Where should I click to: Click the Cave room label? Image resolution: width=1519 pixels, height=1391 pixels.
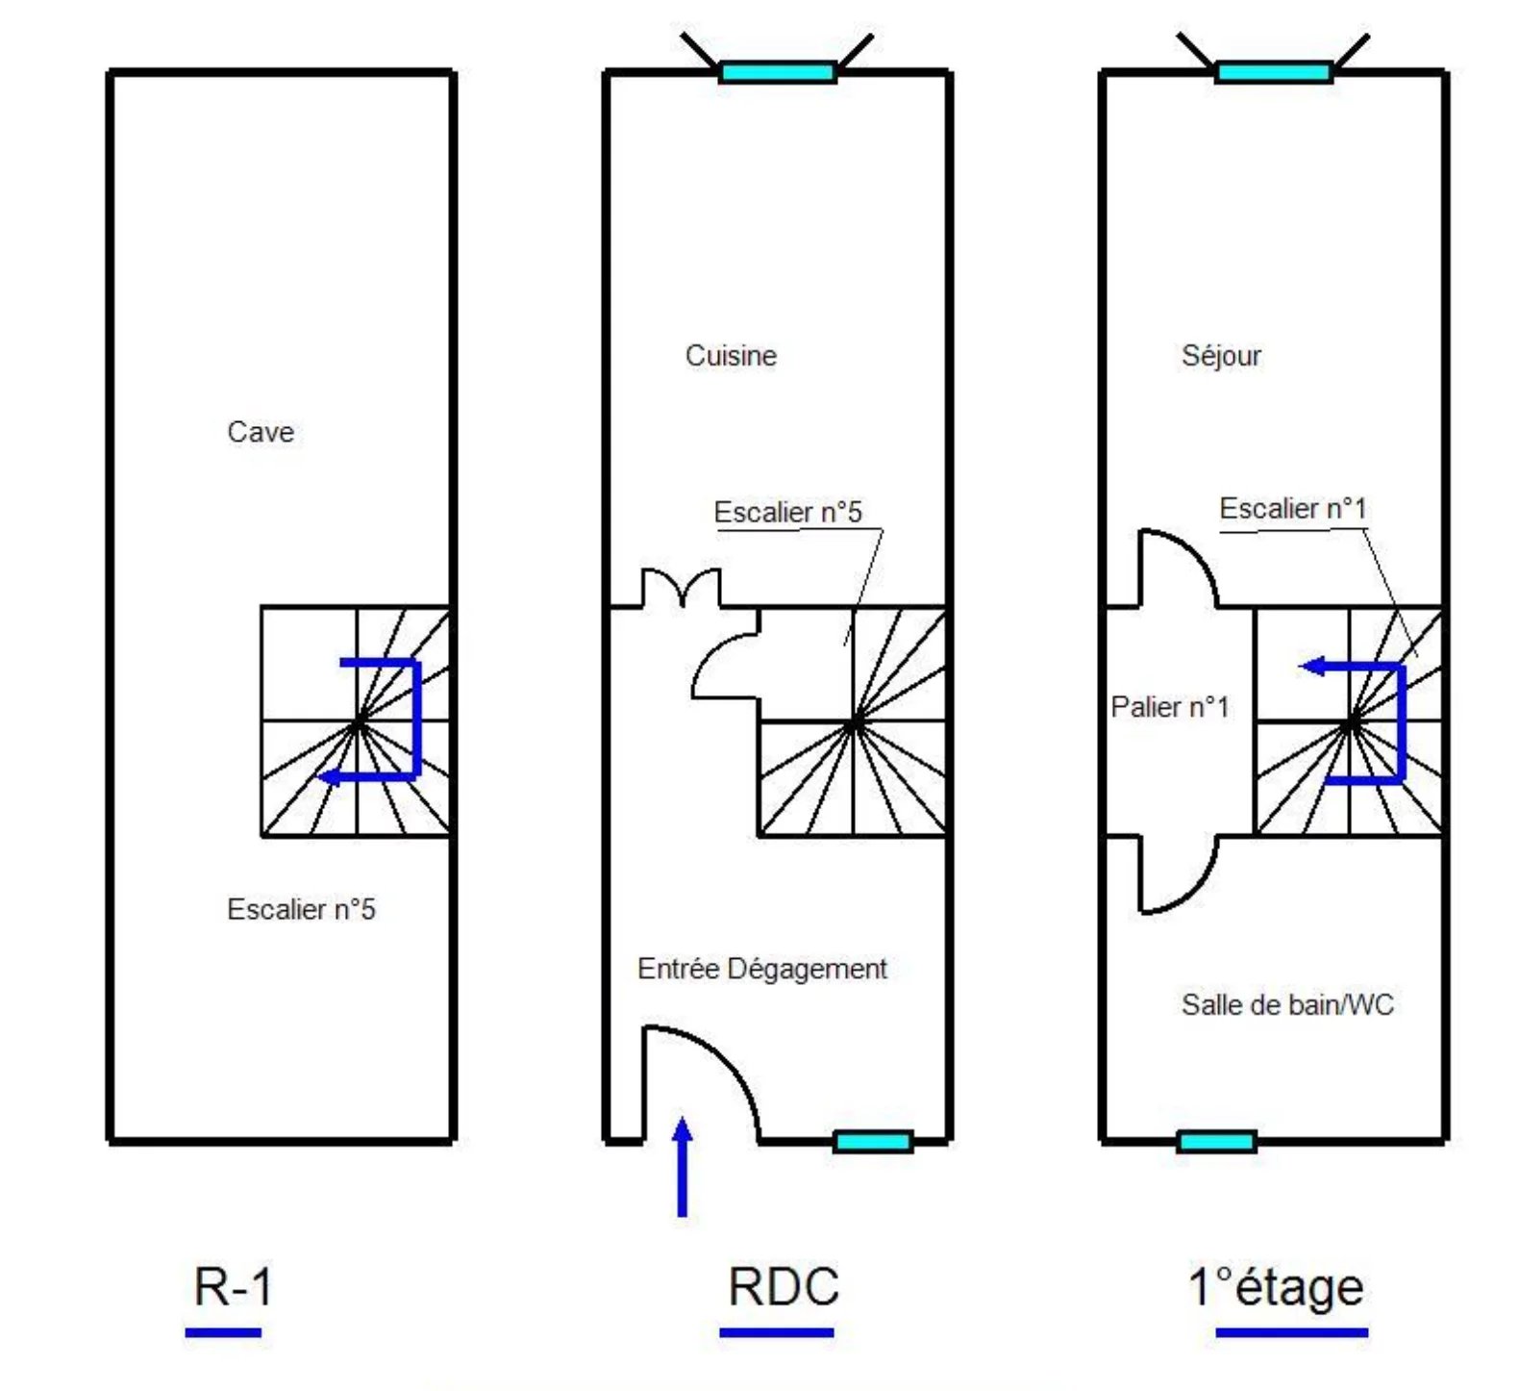tap(261, 432)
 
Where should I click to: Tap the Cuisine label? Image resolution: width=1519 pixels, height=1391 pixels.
tap(731, 356)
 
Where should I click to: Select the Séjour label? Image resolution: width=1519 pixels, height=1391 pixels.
tap(1221, 356)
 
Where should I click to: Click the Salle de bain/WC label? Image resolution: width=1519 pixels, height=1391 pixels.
tap(1287, 1005)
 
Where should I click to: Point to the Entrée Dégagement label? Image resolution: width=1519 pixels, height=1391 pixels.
tap(761, 969)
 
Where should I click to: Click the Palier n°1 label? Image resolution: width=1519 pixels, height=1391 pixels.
tap(1170, 707)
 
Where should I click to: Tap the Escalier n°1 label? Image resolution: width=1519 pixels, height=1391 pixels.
tap(1292, 508)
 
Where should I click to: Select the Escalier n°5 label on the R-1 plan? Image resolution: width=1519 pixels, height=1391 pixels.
tap(301, 909)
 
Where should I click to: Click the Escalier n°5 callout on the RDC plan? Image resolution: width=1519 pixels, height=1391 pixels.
tap(787, 512)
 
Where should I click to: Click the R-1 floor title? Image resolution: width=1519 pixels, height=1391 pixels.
tap(233, 1286)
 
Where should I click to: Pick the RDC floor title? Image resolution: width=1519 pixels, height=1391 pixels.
tap(784, 1286)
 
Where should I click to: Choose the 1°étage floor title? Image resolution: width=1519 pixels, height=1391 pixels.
tap(1276, 1287)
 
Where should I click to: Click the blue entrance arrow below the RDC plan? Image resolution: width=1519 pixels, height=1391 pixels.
tap(683, 1166)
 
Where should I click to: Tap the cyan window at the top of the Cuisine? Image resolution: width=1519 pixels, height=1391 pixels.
tap(777, 72)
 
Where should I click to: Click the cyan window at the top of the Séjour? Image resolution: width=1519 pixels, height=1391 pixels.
tap(1274, 72)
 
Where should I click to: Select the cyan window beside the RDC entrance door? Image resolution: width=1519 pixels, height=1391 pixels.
tap(872, 1142)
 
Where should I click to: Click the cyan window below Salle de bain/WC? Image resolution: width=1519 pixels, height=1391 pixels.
tap(1216, 1142)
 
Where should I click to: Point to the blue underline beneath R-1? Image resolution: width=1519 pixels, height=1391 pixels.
tap(223, 1332)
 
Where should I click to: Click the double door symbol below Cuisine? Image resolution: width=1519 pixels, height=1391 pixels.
tap(682, 588)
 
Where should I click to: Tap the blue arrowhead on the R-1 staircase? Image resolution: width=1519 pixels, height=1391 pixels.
tap(329, 776)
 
